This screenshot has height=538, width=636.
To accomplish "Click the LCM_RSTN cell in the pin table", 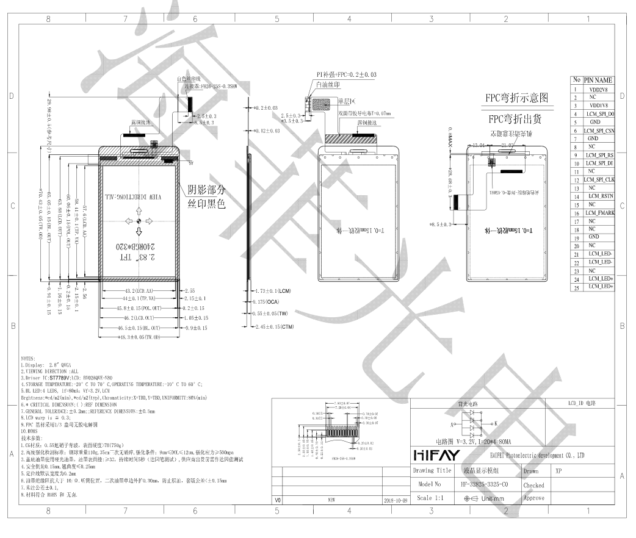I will pyautogui.click(x=599, y=196).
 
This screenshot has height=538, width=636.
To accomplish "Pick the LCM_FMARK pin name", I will pyautogui.click(x=599, y=212).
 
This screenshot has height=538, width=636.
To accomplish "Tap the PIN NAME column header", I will pyautogui.click(x=598, y=81).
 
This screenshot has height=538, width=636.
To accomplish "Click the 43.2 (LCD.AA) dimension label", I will pyautogui.click(x=138, y=291).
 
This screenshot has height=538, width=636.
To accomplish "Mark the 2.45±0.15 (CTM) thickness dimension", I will pyautogui.click(x=273, y=327).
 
